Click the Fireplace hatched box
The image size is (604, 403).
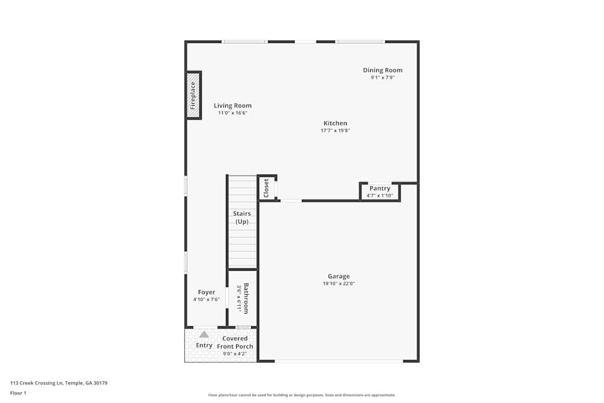click(193, 95)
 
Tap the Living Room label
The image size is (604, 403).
click(233, 106)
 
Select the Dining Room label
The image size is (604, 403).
click(382, 70)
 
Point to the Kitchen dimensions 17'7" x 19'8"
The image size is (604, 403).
click(335, 131)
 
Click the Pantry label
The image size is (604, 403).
click(380, 189)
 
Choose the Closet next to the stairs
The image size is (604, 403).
click(266, 188)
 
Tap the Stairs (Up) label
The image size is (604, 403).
click(242, 218)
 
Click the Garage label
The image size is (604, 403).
click(339, 277)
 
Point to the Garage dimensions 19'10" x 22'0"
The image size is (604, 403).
click(339, 284)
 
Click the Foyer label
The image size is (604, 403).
click(207, 292)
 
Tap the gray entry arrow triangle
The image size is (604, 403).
click(204, 334)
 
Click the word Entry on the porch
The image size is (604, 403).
click(204, 346)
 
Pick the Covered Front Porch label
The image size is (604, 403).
click(235, 343)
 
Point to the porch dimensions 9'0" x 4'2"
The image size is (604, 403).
click(235, 354)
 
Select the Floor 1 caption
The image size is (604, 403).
click(18, 393)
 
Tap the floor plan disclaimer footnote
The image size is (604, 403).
click(302, 395)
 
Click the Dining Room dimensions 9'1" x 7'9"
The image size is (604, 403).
click(382, 77)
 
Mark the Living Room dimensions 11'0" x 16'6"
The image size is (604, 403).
click(233, 113)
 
